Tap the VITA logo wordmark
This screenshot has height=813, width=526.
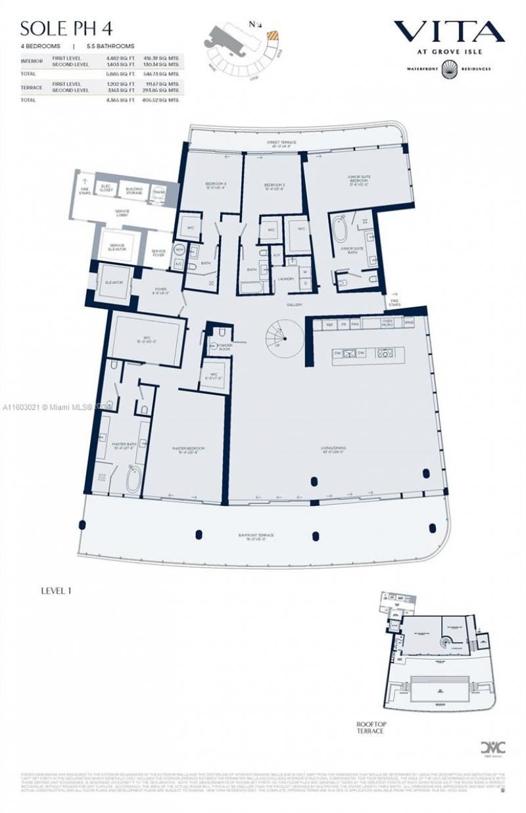(x=448, y=32)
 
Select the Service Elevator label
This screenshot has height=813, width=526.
(x=116, y=248)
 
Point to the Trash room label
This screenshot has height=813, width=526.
(x=158, y=192)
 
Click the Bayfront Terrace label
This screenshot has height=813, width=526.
(x=256, y=535)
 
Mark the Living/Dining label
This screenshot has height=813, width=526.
(x=334, y=450)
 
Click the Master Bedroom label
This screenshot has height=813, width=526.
(x=185, y=450)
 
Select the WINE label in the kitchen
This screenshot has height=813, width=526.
(x=409, y=323)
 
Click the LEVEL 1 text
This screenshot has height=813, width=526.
(x=56, y=591)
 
